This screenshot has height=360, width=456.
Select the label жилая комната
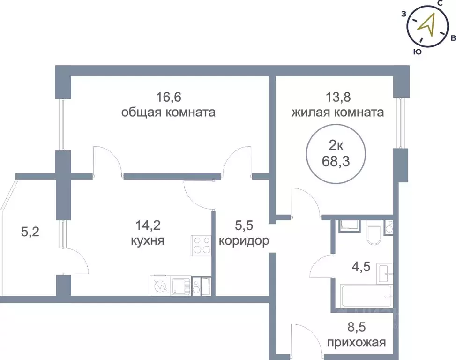338,113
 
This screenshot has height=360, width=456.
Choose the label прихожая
358,343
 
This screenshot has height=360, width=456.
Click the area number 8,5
358,327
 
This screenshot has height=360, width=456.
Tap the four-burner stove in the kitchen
202,245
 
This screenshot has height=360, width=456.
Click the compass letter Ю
416,52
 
